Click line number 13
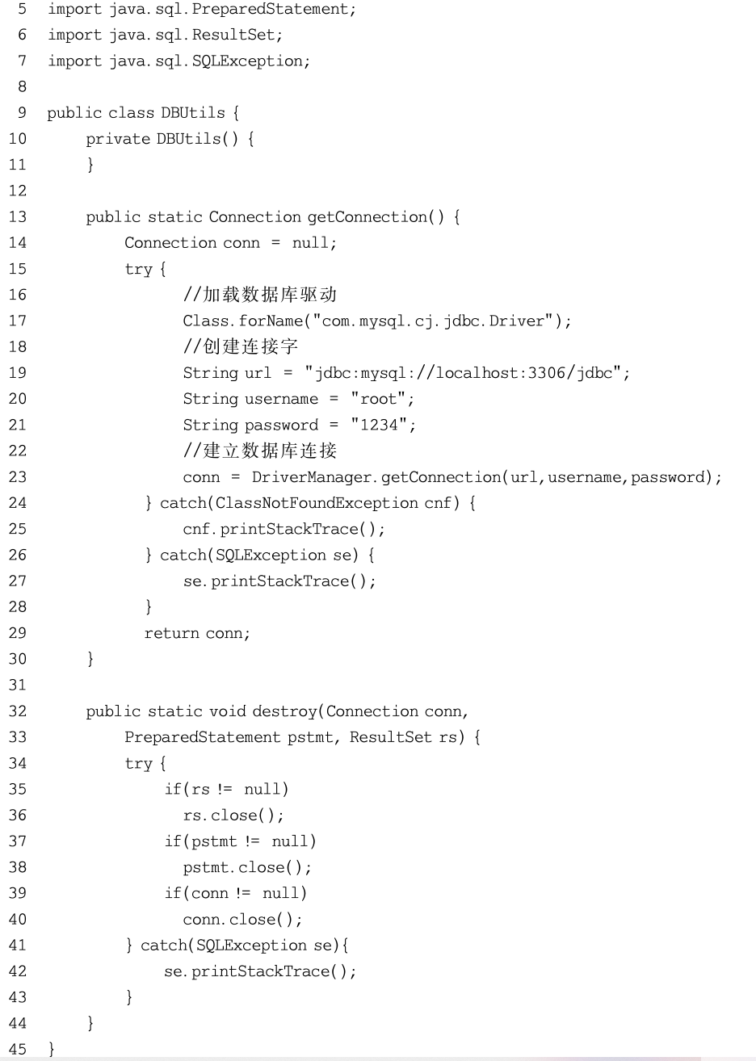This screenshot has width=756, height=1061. coord(17,216)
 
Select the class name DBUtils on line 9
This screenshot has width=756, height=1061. coord(193,112)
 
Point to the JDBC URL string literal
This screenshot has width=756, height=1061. coord(466,372)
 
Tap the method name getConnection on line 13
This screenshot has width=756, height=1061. coord(367,216)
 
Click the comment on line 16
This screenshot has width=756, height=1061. coord(259,295)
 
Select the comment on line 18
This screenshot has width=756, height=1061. coord(241,346)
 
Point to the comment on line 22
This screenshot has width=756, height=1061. coord(259,451)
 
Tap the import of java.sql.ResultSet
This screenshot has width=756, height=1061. coord(165,35)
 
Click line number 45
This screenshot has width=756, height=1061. coord(17,1049)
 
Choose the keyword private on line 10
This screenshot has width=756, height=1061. coord(118,139)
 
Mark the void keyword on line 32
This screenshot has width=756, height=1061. coord(227,711)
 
